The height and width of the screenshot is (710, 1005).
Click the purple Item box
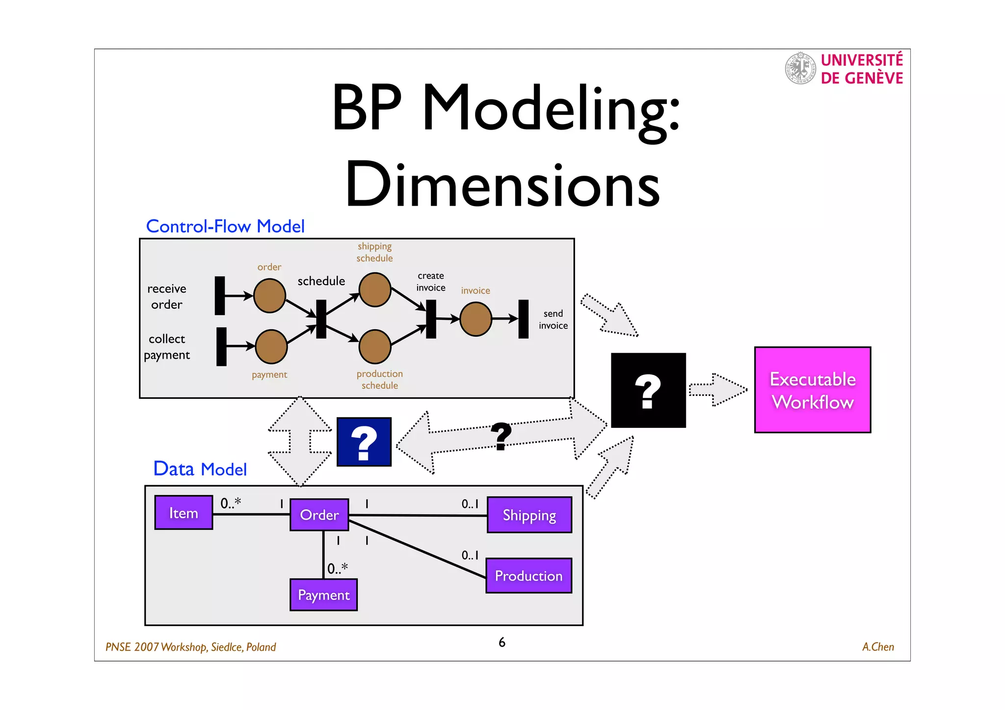(184, 513)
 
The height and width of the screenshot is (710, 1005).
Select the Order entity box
(319, 515)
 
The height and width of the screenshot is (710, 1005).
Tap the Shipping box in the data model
(529, 515)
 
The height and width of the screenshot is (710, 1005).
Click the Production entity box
(529, 576)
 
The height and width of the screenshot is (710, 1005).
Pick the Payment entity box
(323, 595)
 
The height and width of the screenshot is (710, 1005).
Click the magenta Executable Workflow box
(812, 390)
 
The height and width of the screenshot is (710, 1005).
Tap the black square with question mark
(648, 391)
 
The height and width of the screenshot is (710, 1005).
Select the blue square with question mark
(364, 442)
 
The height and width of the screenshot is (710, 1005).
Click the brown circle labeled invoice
(476, 319)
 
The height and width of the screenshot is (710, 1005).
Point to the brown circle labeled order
(269, 296)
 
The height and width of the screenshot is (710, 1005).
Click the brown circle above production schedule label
(375, 346)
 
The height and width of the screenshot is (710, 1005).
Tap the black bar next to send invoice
(524, 319)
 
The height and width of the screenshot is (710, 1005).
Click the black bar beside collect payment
(222, 346)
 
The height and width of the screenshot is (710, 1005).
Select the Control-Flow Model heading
(225, 226)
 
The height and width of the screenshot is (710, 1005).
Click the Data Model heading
(200, 469)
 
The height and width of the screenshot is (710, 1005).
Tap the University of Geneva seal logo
(800, 68)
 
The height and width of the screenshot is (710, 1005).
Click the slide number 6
(502, 642)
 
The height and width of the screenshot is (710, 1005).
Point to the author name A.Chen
(877, 647)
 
